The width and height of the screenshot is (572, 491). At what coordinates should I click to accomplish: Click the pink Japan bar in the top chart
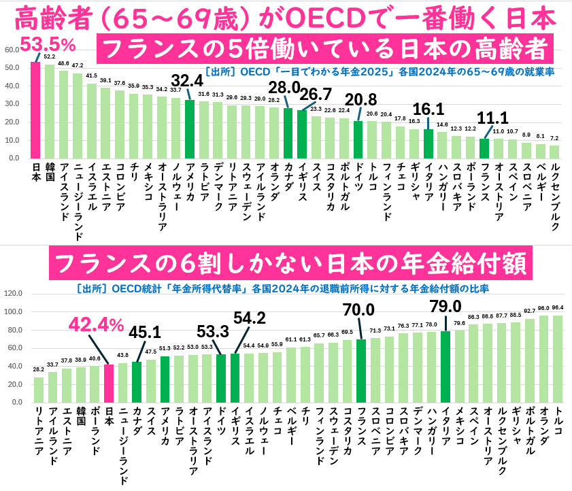coord(35,110)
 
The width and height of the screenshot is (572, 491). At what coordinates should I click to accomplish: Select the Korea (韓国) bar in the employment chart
coord(50,112)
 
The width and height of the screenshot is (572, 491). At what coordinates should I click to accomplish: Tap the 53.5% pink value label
coord(47,45)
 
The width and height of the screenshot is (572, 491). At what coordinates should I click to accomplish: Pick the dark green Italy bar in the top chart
coord(428,143)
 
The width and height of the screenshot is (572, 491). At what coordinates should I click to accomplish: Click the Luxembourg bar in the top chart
coord(554,152)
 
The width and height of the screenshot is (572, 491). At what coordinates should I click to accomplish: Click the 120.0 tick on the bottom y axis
coord(13,294)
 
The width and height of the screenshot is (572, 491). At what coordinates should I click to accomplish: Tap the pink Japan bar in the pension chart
coord(109,383)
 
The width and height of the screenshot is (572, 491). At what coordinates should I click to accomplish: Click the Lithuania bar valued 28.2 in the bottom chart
coord(38,390)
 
